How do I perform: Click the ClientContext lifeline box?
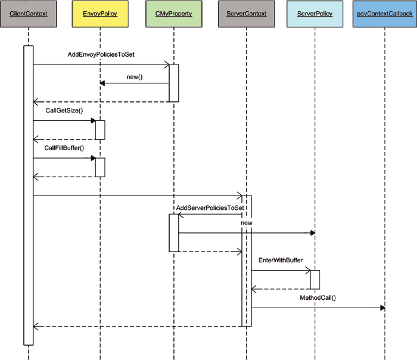(29, 13)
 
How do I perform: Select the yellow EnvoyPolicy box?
(100, 13)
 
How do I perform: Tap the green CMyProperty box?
(173, 13)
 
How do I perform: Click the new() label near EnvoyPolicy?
(135, 77)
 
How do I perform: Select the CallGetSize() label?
(64, 110)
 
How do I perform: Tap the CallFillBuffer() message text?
(66, 148)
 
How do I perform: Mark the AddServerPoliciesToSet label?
(210, 207)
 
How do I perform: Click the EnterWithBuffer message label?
(280, 260)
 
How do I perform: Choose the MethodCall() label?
(318, 297)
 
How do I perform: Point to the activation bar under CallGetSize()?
(100, 130)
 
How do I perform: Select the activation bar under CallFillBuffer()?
(100, 167)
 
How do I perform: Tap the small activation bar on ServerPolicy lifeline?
(315, 280)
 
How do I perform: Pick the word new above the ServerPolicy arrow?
(247, 222)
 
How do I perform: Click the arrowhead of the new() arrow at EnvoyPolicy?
(103, 83)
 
